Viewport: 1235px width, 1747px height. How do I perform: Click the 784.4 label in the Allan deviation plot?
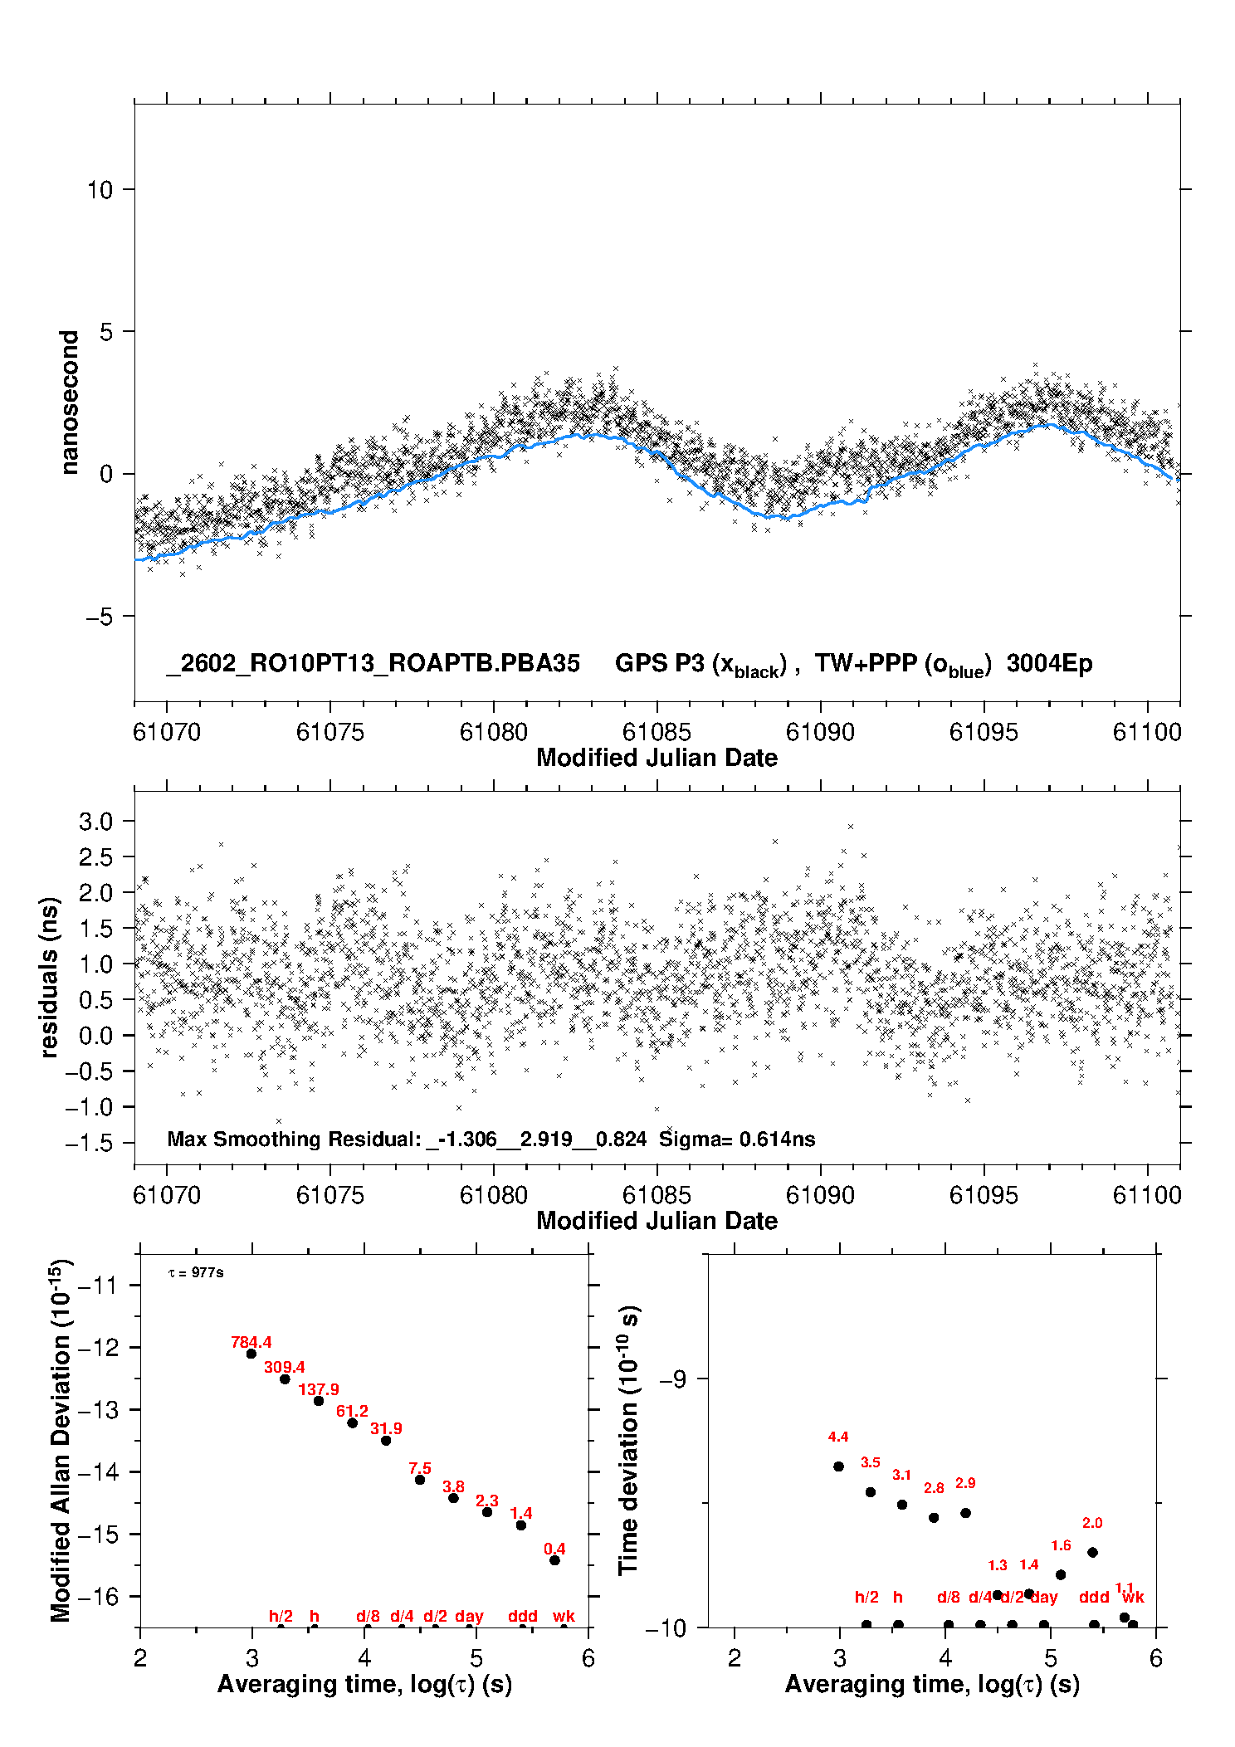[x=251, y=1342]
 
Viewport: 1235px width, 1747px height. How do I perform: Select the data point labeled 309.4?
[x=285, y=1379]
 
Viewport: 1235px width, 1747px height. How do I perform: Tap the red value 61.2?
[x=352, y=1411]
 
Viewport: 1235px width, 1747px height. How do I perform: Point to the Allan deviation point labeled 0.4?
[x=554, y=1560]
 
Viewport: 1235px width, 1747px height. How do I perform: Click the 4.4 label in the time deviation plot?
[x=837, y=1437]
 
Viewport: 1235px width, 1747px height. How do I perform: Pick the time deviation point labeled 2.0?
[x=1092, y=1552]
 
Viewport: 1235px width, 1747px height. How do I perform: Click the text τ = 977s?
[x=196, y=1273]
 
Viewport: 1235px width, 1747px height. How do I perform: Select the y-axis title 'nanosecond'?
[x=69, y=403]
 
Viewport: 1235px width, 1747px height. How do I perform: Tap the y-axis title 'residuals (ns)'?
[x=49, y=977]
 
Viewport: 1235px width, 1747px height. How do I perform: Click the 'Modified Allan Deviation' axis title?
[x=61, y=1440]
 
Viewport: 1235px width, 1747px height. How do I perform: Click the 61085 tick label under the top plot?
[x=656, y=732]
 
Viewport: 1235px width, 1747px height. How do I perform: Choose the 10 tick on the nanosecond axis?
[x=100, y=190]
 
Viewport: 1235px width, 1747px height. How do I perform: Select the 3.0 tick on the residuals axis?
[x=95, y=822]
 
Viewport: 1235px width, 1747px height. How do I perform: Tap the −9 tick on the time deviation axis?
[x=672, y=1379]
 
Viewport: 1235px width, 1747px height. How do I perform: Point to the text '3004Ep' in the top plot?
[x=1049, y=664]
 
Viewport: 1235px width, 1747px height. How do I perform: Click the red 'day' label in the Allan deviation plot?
[x=469, y=1616]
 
